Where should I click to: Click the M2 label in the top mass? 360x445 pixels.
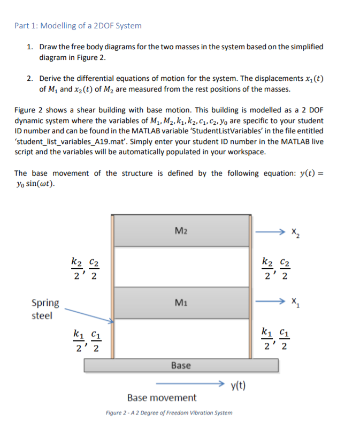pyautogui.click(x=181, y=231)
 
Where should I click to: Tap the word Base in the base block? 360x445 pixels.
pyautogui.click(x=181, y=365)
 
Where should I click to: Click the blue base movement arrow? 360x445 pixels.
pyautogui.click(x=190, y=384)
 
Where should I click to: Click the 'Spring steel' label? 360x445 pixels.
pyautogui.click(x=45, y=309)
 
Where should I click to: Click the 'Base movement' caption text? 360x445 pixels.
pyautogui.click(x=162, y=398)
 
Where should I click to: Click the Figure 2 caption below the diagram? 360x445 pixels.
pyautogui.click(x=169, y=413)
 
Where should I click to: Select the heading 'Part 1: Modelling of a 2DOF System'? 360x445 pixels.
pyautogui.click(x=78, y=25)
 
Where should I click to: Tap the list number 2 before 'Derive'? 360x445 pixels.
pyautogui.click(x=30, y=78)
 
